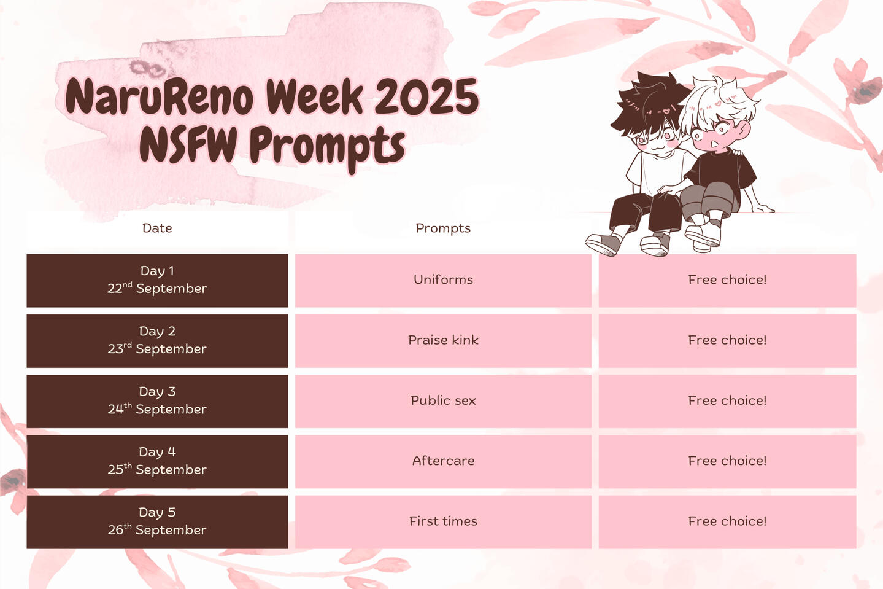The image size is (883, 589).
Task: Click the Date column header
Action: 157,228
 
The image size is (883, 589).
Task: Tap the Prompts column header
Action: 443,228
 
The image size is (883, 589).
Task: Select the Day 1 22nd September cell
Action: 157,281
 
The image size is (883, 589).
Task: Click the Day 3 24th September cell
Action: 157,401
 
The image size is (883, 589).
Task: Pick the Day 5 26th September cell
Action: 157,522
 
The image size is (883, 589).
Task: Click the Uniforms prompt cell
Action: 443,281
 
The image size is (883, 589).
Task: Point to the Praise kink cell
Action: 443,341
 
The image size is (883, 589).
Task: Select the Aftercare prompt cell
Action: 443,462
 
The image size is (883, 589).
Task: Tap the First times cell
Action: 443,522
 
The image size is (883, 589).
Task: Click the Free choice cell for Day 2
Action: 727,341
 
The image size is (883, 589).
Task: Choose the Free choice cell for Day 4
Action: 727,462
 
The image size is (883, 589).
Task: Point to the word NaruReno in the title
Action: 159,96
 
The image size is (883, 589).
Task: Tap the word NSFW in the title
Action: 188,145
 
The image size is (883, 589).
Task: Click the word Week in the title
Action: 314,96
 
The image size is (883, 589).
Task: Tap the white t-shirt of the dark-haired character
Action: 657,171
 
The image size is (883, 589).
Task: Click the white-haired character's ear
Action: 744,129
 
